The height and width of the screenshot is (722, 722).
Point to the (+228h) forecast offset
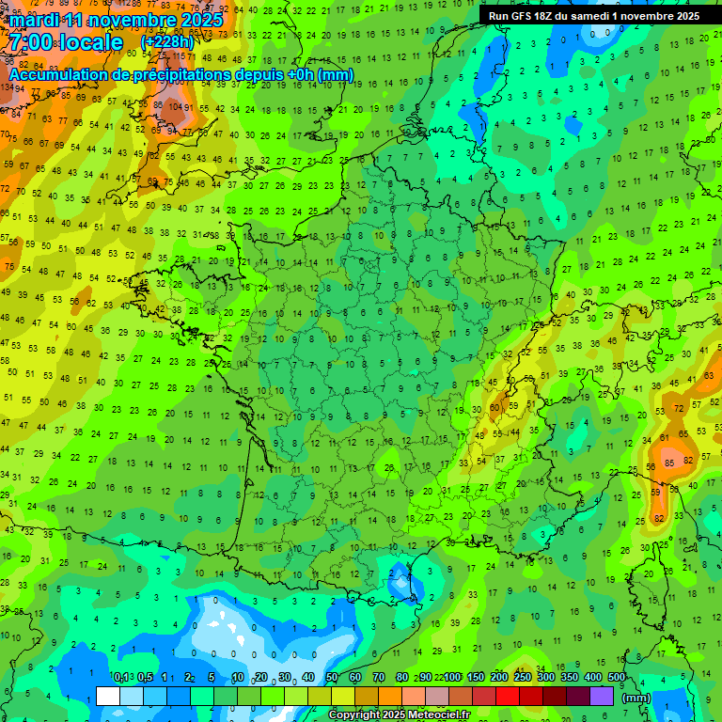(x=166, y=42)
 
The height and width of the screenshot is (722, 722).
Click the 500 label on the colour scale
(x=617, y=678)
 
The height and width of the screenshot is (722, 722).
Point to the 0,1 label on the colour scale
(x=121, y=678)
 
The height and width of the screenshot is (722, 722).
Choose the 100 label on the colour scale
(x=452, y=678)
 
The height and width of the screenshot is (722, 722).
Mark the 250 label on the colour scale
(x=523, y=678)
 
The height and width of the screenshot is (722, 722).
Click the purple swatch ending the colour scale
(x=602, y=696)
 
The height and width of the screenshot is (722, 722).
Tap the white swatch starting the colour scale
(x=108, y=696)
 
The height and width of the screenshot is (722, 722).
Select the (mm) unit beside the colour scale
(x=637, y=698)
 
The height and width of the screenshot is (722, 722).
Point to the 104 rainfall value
(x=175, y=107)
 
